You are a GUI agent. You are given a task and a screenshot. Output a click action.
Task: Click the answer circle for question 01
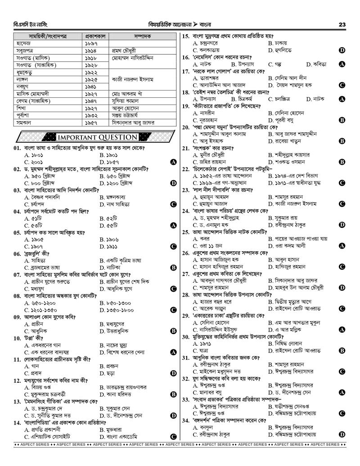point(173,161)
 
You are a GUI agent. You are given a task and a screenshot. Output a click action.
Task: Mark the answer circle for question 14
point(173,437)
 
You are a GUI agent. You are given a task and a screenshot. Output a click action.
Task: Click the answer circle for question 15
point(342,50)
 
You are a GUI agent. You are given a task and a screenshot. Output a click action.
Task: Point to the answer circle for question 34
point(342,434)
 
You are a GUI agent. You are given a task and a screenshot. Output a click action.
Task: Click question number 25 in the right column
point(185,232)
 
